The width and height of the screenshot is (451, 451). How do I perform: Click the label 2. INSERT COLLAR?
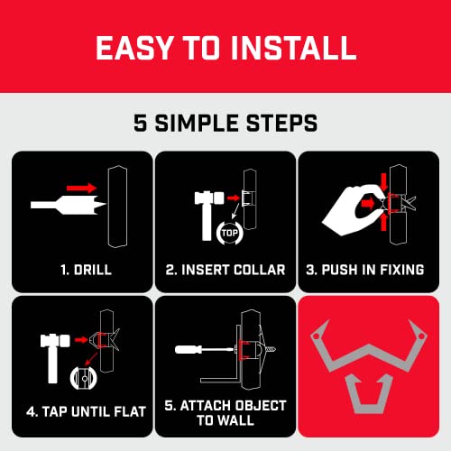(x=225, y=269)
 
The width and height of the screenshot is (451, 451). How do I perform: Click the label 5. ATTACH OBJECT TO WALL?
(x=225, y=412)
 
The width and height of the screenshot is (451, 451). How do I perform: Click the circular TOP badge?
(x=229, y=231)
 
